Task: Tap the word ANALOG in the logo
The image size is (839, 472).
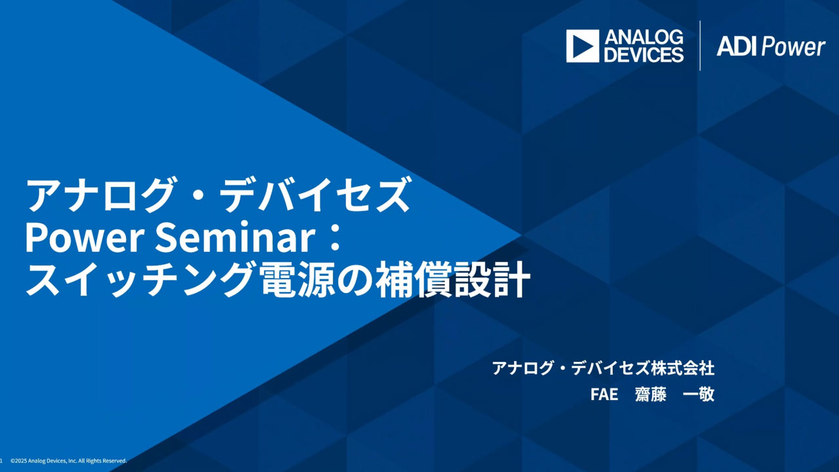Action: (644, 37)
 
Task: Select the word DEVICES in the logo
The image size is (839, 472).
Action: (644, 54)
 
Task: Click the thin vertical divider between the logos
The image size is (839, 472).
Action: (700, 46)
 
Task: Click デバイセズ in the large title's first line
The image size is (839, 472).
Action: (314, 195)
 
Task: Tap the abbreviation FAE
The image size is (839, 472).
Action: (604, 395)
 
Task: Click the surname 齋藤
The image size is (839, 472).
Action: (651, 395)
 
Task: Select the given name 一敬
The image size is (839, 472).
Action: (699, 395)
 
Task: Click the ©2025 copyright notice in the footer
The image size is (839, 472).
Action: (69, 461)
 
